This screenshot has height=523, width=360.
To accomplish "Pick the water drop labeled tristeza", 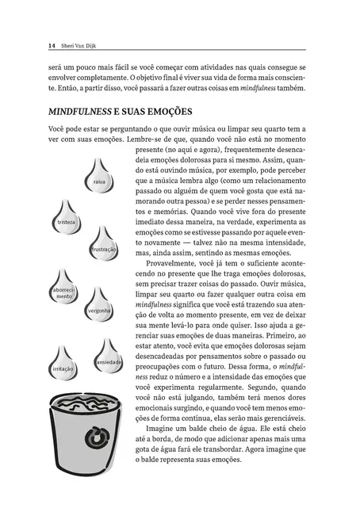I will (x=66, y=217).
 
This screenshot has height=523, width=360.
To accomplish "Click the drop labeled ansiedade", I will (x=108, y=357).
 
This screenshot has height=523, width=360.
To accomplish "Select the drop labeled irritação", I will (x=63, y=365).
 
